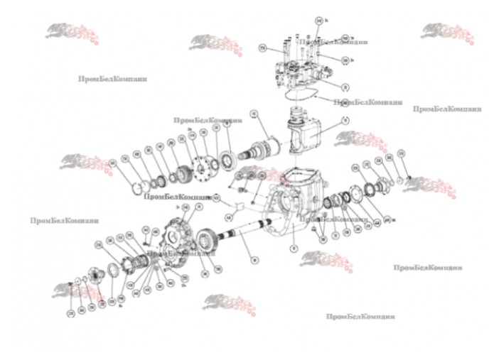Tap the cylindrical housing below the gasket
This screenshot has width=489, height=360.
(302, 132)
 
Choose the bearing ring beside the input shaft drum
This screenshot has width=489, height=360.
(230, 158)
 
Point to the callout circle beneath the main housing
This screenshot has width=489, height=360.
(292, 249)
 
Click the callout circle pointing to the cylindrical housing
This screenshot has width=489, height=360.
(345, 121)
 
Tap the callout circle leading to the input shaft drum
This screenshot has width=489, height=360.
(253, 114)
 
